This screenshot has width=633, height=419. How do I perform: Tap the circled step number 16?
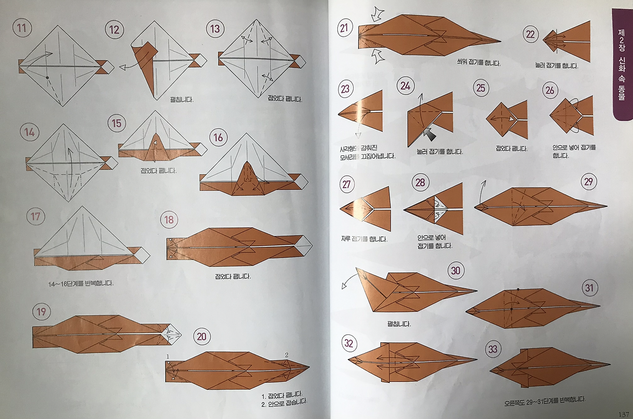218,137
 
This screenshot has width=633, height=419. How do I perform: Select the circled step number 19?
42,312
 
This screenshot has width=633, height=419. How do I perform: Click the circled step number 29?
588,182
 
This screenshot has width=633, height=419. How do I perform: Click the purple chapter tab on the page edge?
622,64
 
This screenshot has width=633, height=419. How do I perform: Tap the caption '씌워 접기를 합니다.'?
478,63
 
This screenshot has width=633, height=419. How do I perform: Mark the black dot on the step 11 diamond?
47,78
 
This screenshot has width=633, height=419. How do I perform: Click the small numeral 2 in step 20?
286,354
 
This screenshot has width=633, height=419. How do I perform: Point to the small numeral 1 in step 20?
168,357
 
